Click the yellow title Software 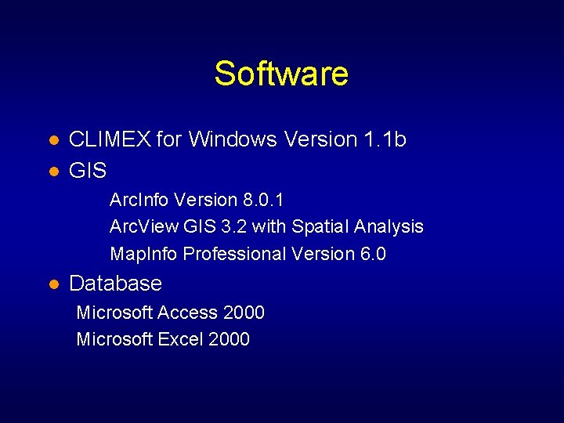281,74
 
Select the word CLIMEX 110,139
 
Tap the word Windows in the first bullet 233,139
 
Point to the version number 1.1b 385,139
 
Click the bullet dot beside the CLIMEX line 52,140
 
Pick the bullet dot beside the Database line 52,284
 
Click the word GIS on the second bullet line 88,170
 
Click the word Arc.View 144,227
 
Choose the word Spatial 320,227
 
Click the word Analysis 389,227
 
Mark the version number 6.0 372,254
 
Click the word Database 116,284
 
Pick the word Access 187,313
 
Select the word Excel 180,339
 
